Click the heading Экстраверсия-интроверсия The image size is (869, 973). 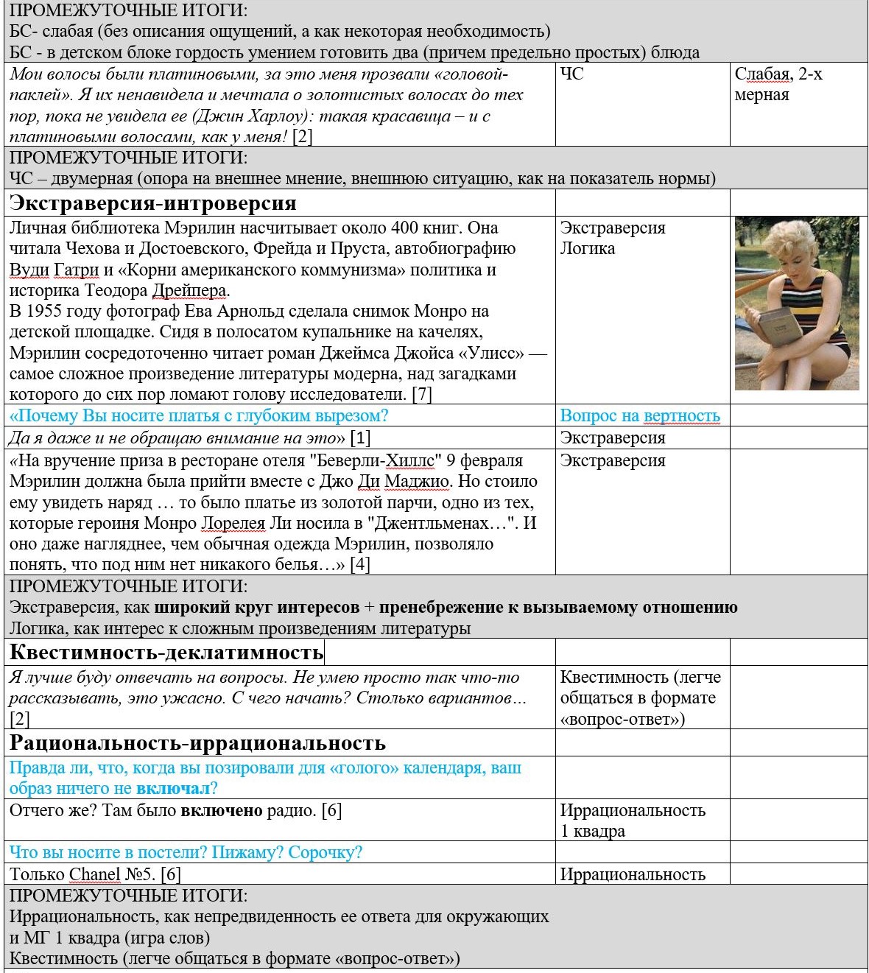tap(153, 203)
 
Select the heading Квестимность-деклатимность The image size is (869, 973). tap(166, 653)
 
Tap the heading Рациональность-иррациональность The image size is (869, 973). tap(197, 742)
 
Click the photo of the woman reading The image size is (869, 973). tap(797, 303)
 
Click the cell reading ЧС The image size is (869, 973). tap(571, 74)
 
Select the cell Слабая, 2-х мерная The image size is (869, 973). tap(778, 84)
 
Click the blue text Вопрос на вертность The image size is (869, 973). tap(639, 415)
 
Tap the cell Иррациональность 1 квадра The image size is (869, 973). tap(632, 821)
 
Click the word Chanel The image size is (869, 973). tap(94, 874)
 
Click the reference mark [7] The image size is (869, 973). tap(421, 394)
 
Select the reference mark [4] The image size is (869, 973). tap(359, 565)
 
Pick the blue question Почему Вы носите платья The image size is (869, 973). tap(199, 415)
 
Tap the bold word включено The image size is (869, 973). tap(222, 810)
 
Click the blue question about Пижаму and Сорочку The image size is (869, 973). tap(186, 852)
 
